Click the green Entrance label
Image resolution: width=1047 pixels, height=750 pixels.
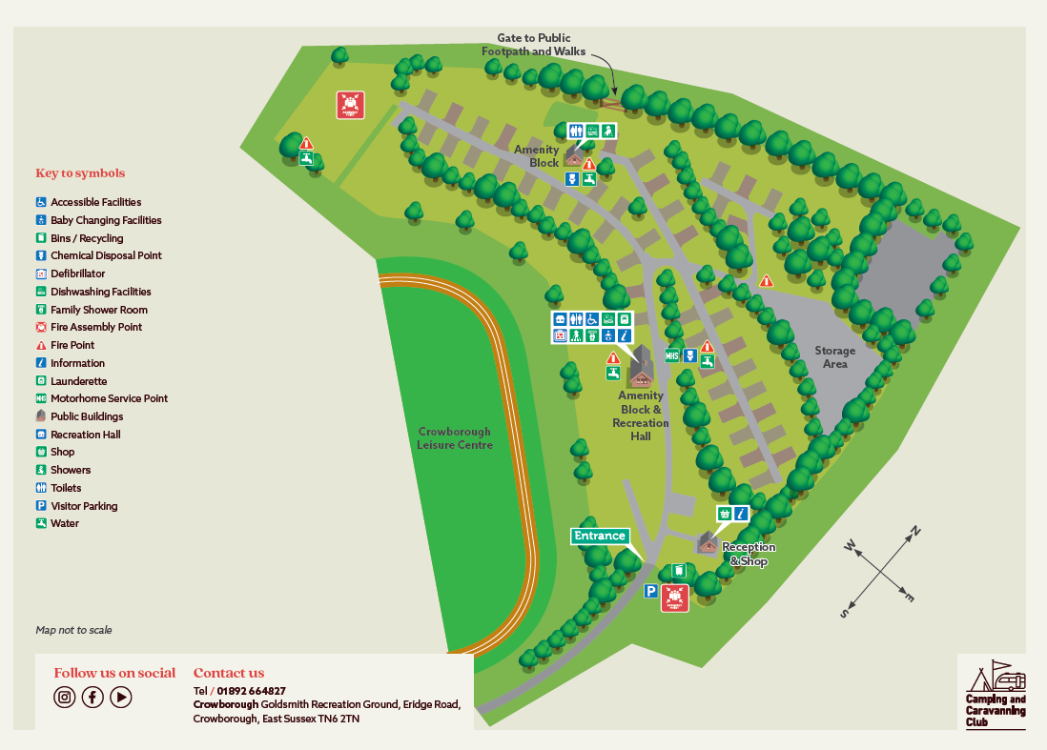point(600,536)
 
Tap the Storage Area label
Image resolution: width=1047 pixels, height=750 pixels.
point(834,356)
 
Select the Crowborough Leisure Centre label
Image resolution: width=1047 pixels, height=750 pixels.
point(455,438)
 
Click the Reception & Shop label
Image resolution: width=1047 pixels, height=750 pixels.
point(749,554)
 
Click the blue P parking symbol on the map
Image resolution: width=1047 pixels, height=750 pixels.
point(650,592)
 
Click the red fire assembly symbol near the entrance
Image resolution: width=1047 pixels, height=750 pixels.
point(675,598)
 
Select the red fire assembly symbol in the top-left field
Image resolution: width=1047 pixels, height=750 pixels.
point(350,105)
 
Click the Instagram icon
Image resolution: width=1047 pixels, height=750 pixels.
point(64,697)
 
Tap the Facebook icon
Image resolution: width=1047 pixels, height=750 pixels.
point(92,697)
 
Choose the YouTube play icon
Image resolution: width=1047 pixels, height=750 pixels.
point(121,697)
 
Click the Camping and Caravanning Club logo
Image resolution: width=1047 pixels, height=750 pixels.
point(992,694)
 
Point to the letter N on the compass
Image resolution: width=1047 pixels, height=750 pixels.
point(914,531)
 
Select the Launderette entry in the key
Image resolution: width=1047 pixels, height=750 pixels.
point(78,380)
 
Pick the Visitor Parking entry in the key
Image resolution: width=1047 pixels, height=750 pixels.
point(83,506)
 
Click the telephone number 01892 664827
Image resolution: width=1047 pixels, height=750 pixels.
point(251,691)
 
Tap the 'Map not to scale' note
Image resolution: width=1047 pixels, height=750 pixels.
point(73,630)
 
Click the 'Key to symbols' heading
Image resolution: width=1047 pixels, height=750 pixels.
point(80,173)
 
